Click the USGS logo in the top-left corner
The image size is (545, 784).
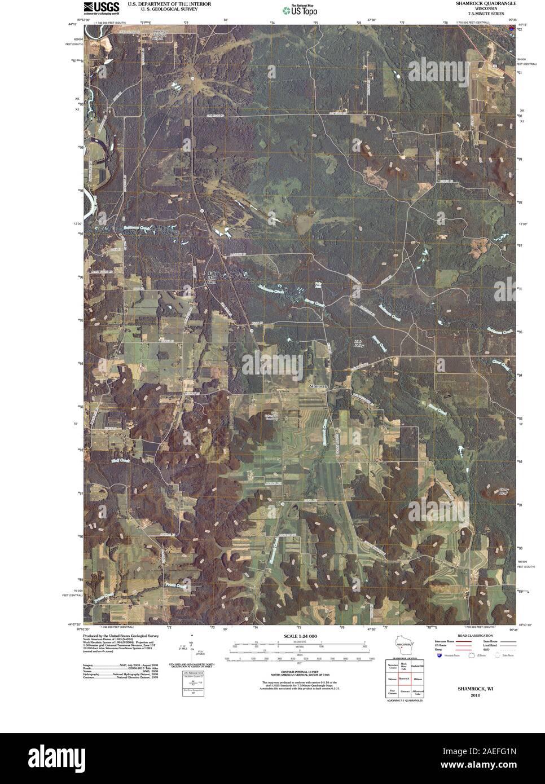101,7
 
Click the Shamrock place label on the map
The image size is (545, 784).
318,386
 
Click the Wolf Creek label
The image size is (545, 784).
121,460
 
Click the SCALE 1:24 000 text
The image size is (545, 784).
298,636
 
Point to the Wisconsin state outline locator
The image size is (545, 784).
403,643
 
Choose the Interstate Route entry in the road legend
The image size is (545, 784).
445,642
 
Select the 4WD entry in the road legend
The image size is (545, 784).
484,649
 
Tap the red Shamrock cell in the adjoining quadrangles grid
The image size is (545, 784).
403,679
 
